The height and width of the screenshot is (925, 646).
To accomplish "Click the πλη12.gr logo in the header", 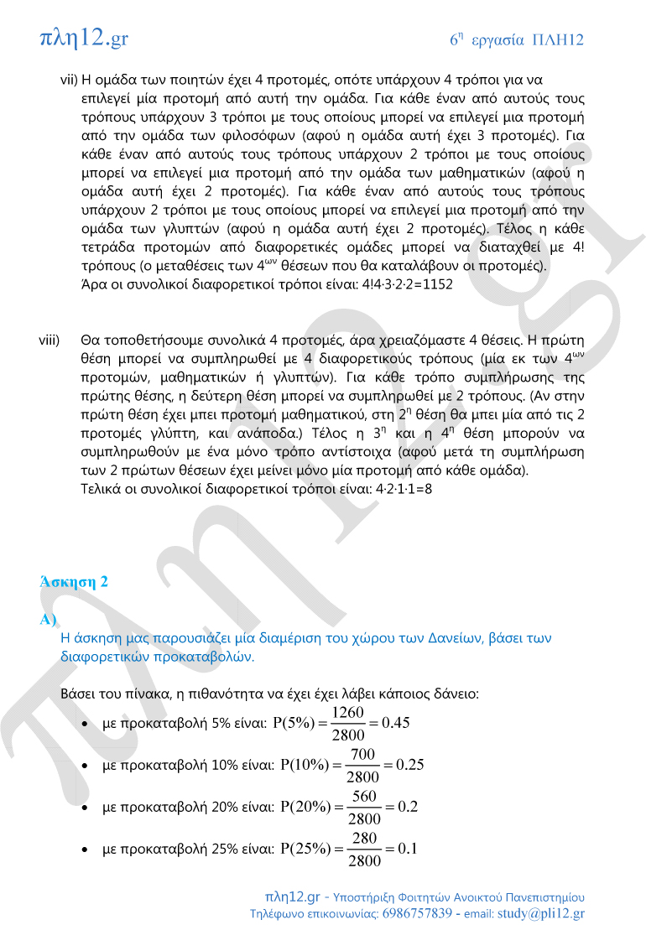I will [x=83, y=38].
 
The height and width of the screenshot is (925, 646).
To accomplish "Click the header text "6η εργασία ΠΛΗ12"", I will [x=516, y=39].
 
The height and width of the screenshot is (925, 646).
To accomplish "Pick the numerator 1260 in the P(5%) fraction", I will [x=347, y=712].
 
